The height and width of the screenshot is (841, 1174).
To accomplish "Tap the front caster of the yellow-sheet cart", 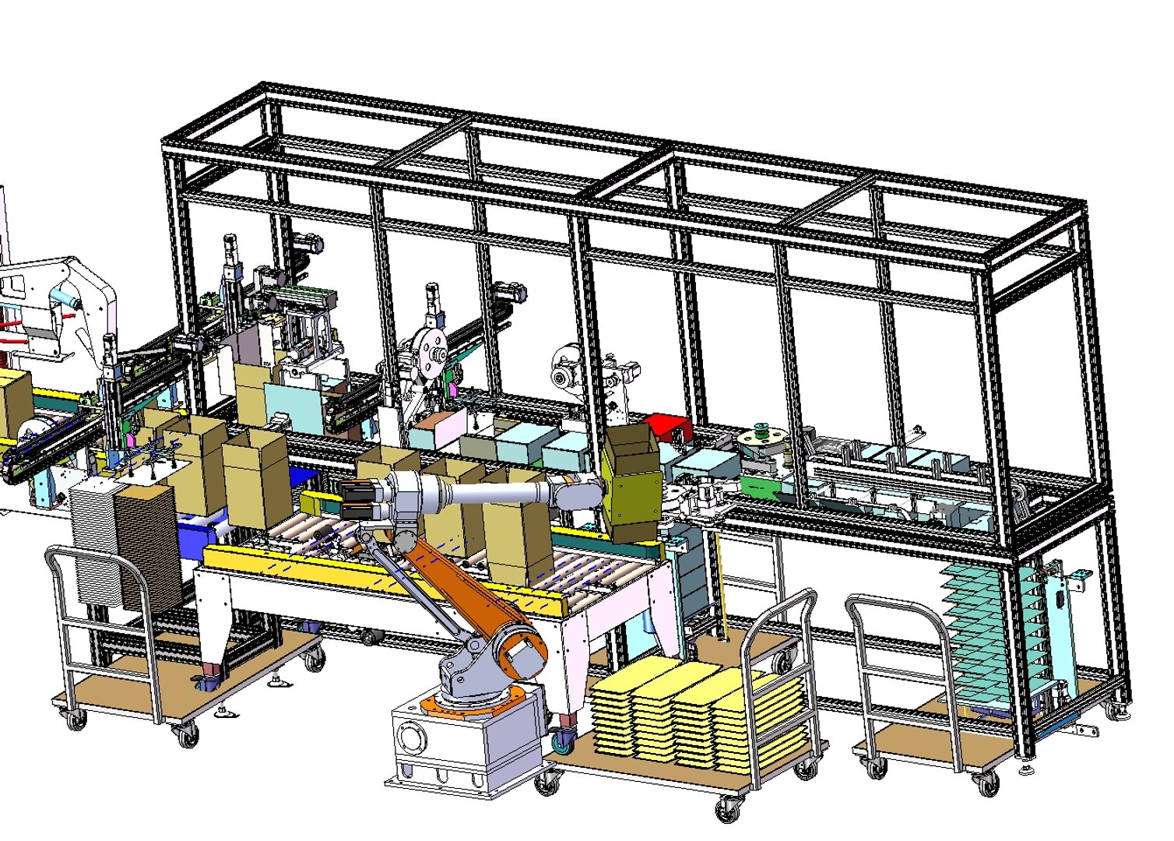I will pos(727,811).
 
